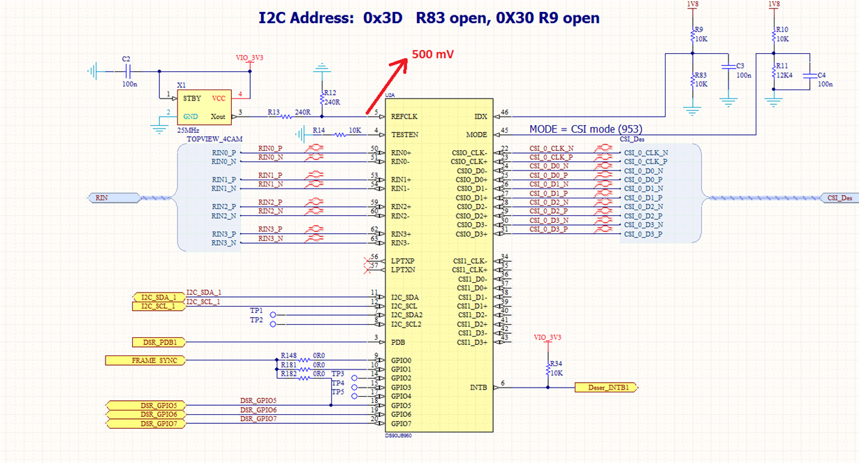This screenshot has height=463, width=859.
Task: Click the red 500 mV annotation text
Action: point(434,54)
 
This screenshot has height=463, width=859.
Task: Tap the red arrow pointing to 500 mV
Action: point(388,84)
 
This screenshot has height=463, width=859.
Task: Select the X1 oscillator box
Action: point(202,108)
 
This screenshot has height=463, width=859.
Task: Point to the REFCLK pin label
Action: point(404,117)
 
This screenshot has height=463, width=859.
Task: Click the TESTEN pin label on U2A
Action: point(404,135)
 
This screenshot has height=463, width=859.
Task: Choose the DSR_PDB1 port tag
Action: point(159,342)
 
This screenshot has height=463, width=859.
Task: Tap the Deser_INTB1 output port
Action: point(605,387)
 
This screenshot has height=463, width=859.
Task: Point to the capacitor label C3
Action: point(730,66)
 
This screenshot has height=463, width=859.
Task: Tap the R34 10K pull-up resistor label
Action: point(556,368)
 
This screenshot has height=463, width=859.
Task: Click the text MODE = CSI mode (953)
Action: point(585,129)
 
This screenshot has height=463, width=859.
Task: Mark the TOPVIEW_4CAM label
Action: point(215,140)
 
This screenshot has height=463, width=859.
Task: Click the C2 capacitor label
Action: point(126,59)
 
